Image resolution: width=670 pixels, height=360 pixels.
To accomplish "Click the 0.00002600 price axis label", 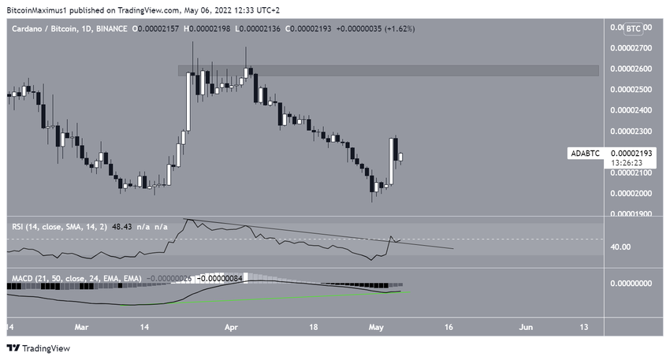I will (632, 69).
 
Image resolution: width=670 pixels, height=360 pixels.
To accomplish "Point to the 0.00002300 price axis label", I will (632, 131).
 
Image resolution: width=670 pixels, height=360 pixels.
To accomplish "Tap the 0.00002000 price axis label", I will (632, 193).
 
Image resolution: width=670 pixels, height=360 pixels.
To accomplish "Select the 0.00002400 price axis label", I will (632, 110).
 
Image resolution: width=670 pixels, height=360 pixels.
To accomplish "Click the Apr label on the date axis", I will (230, 325).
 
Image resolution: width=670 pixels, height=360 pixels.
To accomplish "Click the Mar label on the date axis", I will (81, 325).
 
